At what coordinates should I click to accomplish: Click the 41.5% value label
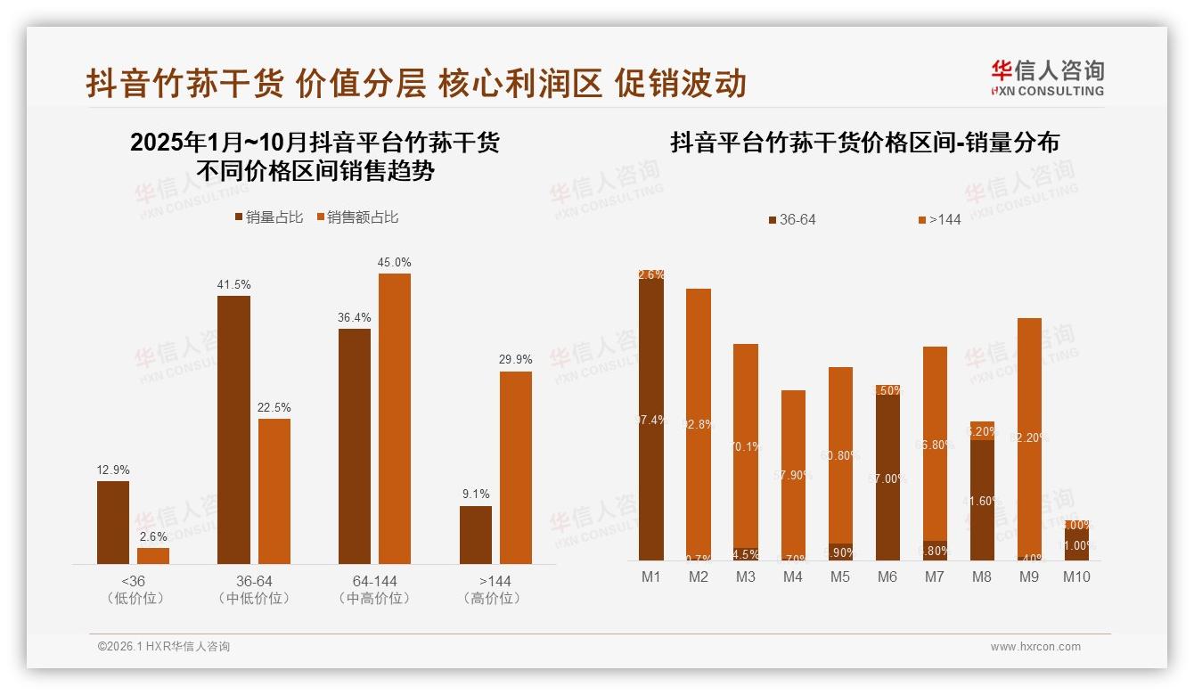click(x=233, y=285)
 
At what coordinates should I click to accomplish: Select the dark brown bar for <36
click(x=113, y=522)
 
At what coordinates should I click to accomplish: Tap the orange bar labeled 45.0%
click(x=395, y=419)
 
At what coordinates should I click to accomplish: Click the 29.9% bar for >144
click(x=515, y=468)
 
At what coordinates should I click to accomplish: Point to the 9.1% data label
click(x=475, y=495)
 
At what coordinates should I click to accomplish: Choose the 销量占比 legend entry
click(x=268, y=217)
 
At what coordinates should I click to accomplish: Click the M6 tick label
click(x=887, y=577)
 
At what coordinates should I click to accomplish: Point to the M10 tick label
click(x=1076, y=577)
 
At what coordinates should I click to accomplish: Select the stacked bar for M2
click(x=699, y=423)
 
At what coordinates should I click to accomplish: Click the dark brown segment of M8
click(x=982, y=499)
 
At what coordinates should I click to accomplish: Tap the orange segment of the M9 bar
click(x=1029, y=437)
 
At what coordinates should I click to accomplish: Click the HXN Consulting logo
click(x=1047, y=78)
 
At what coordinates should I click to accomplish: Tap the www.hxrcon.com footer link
click(x=1035, y=647)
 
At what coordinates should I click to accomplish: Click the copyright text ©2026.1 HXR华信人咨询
click(x=164, y=647)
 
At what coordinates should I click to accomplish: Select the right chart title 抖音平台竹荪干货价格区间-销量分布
click(x=864, y=143)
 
